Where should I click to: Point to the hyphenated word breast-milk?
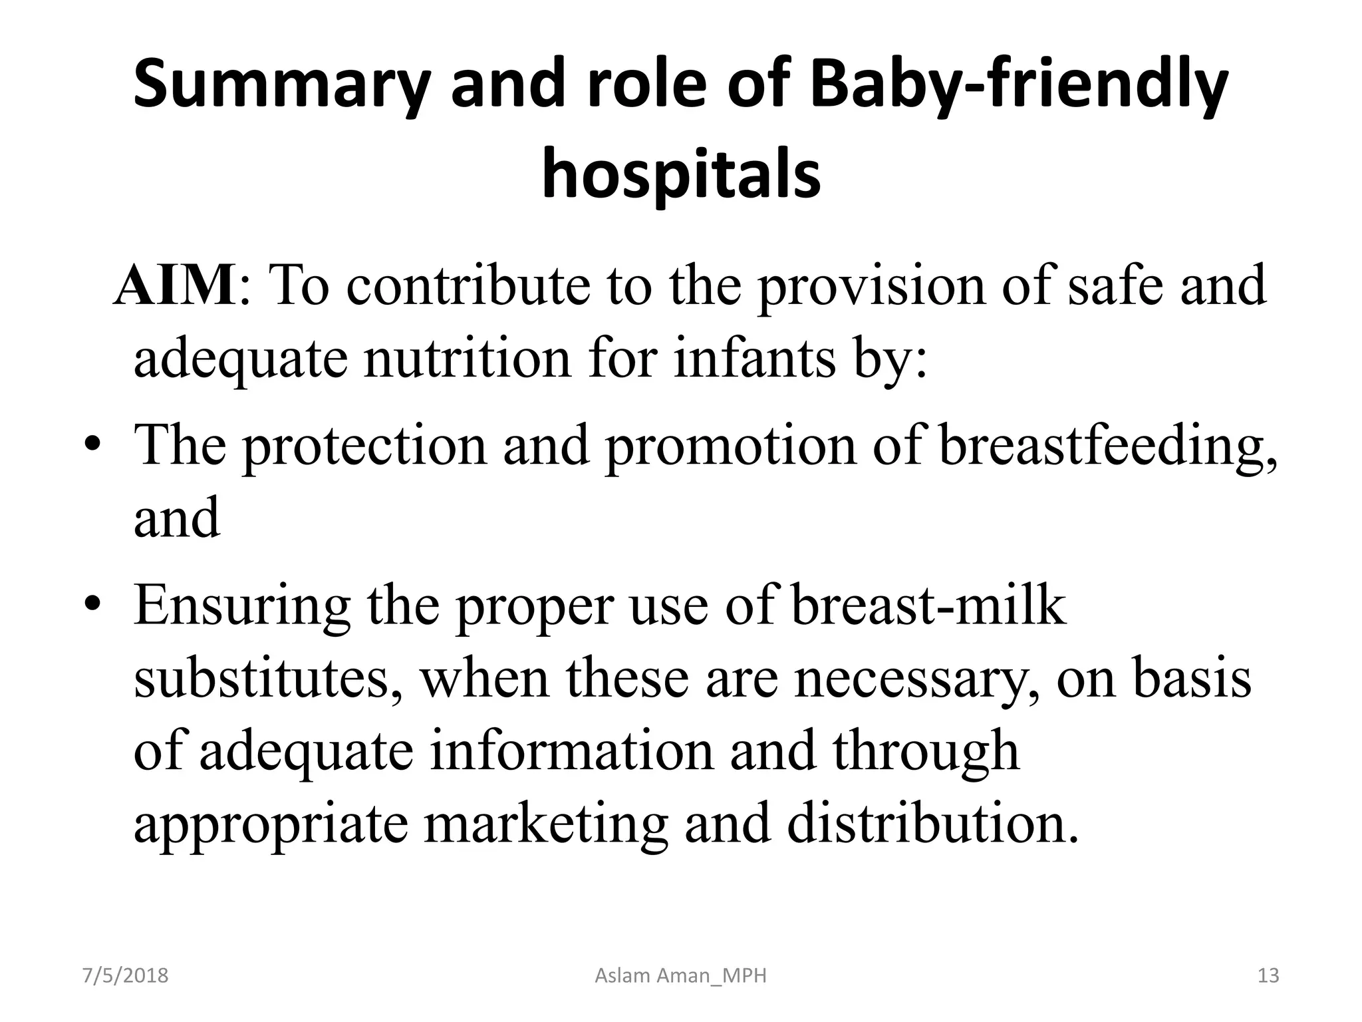(x=928, y=605)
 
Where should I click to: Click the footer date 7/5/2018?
(x=125, y=976)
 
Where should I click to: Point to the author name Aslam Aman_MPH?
(x=680, y=976)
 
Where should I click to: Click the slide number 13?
(x=1268, y=976)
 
